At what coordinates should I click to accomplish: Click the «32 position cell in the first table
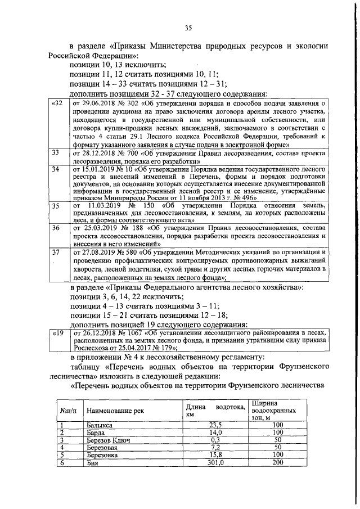click(x=57, y=104)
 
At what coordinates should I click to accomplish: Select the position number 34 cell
click(x=56, y=168)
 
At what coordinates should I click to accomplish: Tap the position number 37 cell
click(x=56, y=253)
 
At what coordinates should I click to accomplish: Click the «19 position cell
click(x=57, y=334)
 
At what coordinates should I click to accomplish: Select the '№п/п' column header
click(x=67, y=411)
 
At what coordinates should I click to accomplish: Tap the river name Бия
click(x=92, y=462)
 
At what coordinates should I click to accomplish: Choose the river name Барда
click(x=97, y=433)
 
